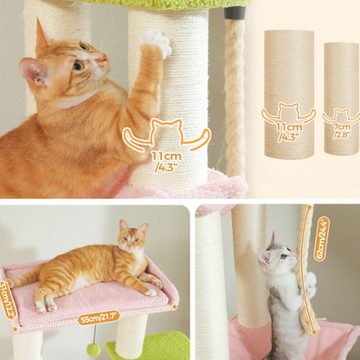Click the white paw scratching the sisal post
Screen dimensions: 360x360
point(156,42)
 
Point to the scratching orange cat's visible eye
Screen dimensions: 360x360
point(78,66)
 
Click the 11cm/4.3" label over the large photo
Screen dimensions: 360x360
point(167,162)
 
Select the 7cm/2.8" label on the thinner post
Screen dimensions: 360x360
point(342,131)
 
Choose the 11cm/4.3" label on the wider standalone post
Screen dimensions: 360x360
point(289,132)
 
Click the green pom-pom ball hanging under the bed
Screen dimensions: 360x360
point(93,350)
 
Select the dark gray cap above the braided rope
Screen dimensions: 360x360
point(235,13)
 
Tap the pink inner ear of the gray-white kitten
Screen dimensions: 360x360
point(264,258)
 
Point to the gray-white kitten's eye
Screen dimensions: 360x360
point(283,255)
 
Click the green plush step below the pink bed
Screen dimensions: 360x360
point(149,346)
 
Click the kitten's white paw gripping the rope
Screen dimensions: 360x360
point(311,283)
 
